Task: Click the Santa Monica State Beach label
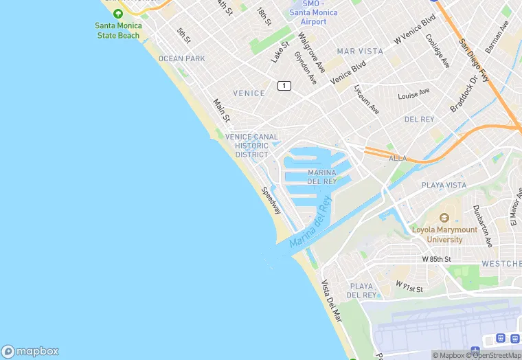[119, 30]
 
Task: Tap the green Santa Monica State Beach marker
[119, 14]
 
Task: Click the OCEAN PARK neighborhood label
[181, 59]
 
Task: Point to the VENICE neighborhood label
[249, 93]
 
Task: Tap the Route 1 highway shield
[284, 85]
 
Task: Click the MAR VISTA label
[360, 52]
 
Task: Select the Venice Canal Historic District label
[251, 146]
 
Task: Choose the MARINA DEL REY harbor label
[322, 177]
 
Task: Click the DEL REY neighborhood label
[419, 120]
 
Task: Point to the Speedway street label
[271, 200]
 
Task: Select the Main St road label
[220, 111]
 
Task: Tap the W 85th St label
[436, 260]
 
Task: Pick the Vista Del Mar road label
[331, 302]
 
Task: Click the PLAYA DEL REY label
[361, 291]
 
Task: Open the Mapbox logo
[30, 351]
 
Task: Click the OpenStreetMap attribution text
[495, 355]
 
